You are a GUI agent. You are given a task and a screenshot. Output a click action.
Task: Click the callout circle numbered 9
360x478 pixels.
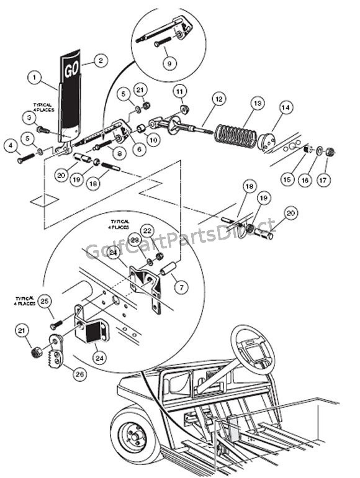pos(169,62)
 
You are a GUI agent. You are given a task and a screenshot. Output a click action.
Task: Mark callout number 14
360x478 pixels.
pos(285,108)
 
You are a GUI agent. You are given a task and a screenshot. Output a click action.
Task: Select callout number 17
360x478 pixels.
pos(330,180)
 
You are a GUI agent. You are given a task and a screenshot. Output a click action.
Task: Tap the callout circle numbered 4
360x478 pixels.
pos(11,147)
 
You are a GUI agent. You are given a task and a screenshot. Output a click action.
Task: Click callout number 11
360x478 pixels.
pos(180,91)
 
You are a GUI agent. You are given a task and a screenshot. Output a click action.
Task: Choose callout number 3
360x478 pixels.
pos(29,117)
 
